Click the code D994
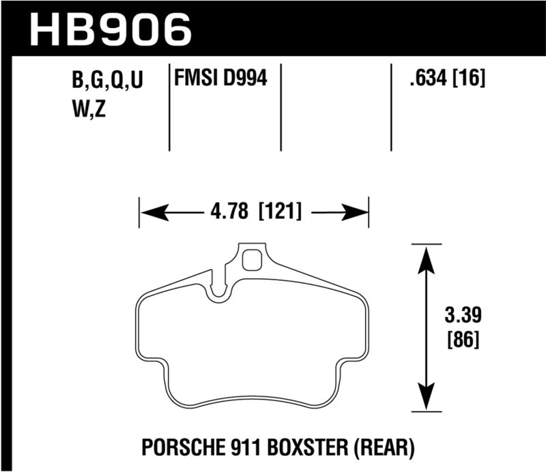tap(244, 79)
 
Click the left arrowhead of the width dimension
tap(152, 211)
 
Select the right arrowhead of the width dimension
tap(356, 211)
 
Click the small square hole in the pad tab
tap(253, 260)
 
